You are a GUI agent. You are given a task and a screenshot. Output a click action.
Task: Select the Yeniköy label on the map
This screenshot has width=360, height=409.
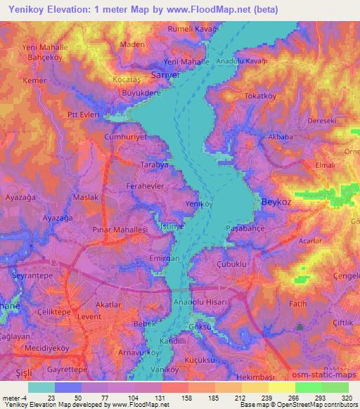tap(198, 204)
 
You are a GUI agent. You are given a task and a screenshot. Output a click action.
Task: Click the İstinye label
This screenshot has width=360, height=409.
tap(172, 228)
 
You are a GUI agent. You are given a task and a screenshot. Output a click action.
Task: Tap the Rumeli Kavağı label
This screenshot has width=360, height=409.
tap(193, 29)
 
